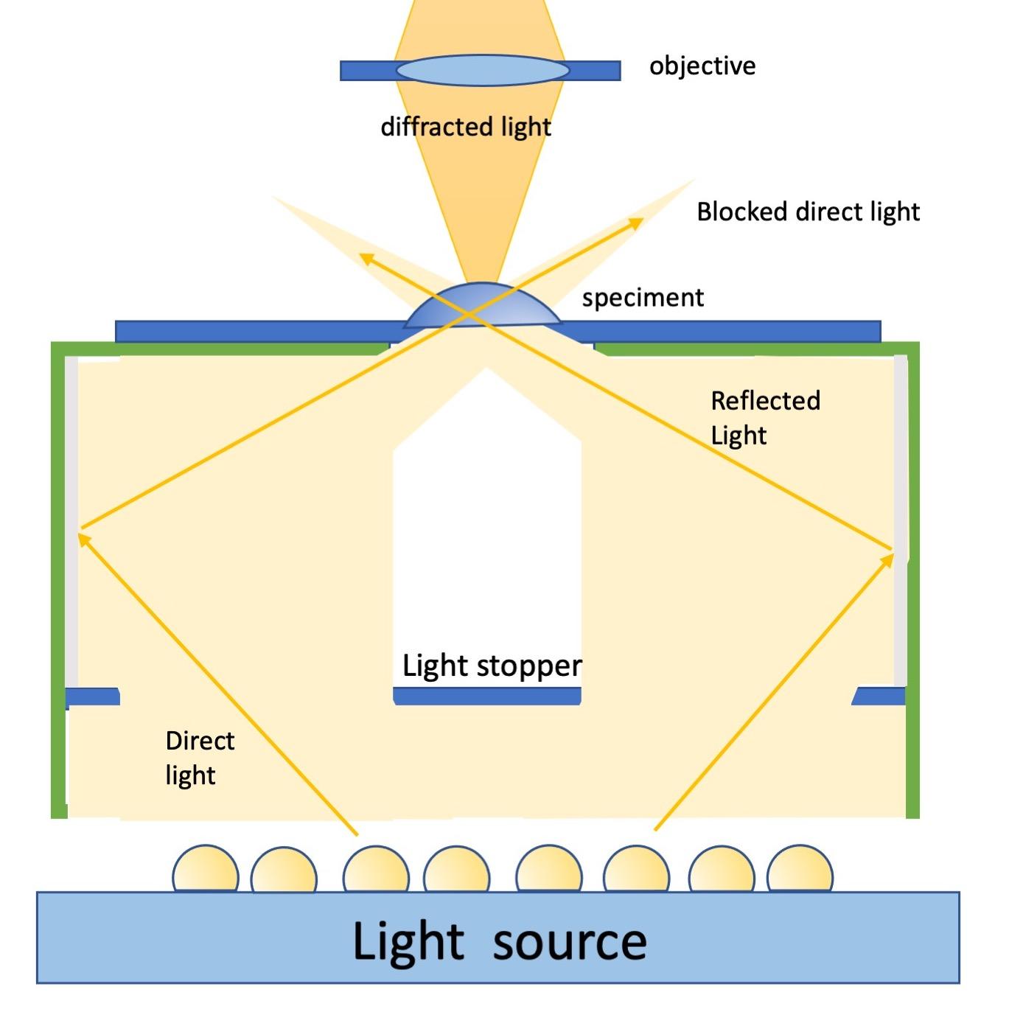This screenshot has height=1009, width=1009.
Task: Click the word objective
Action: coord(702,66)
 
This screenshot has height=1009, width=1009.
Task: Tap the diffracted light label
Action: coord(466,127)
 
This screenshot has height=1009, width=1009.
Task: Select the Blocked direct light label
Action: coord(808,212)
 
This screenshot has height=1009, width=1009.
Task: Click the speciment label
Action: coord(643,298)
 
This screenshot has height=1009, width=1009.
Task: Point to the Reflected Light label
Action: coord(765,418)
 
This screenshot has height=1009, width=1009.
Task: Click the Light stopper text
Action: coord(492,666)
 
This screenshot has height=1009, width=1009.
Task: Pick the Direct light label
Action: coord(199,758)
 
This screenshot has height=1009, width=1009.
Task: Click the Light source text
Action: coord(500,941)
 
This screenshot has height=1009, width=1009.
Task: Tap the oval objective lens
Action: coord(483,71)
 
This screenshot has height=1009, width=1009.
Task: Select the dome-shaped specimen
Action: coord(483,306)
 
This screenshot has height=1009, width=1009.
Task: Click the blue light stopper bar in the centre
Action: coord(487,696)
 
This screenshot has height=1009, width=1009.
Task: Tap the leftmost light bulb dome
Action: coord(206,870)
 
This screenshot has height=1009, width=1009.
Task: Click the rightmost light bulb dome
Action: coord(800,870)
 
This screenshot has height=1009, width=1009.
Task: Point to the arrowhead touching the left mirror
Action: coord(84,540)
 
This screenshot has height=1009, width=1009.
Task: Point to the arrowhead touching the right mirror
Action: coord(887,561)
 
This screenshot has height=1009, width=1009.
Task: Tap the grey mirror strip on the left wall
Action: coord(71,516)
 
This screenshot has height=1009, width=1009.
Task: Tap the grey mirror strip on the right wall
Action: coord(901,516)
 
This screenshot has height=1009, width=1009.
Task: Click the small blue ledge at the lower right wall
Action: coord(880,696)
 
